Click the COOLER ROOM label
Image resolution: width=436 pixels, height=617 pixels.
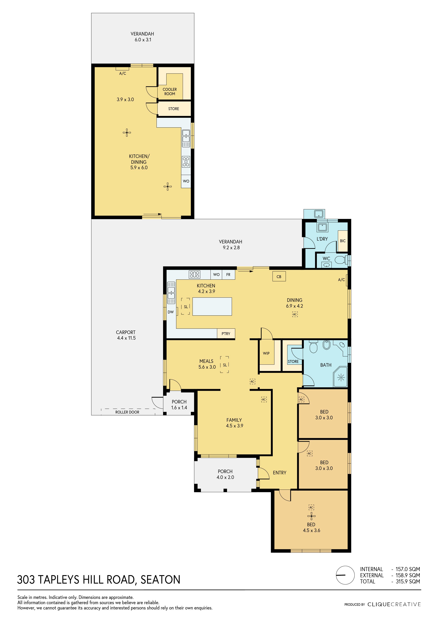coord(170,91)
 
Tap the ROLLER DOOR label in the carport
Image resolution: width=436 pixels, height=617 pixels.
coord(127,412)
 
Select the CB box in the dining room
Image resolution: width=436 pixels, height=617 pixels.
coord(279,276)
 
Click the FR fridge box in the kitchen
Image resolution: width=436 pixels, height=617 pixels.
coord(228,275)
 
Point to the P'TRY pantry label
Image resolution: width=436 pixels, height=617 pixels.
coord(226,333)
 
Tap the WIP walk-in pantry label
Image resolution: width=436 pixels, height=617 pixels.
coord(266,353)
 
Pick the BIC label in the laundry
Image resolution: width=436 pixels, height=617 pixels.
coord(343,241)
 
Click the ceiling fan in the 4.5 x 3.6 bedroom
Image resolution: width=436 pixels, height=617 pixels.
coord(311,516)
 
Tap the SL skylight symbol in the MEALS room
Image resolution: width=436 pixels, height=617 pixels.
coord(225,365)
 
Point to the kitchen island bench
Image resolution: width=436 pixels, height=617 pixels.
coord(212,306)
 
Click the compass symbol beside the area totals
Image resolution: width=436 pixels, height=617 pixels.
coord(345,575)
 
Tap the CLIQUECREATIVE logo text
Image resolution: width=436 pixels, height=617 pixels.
coord(394,604)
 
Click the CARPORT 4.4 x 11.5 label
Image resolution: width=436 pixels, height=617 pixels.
coord(126,335)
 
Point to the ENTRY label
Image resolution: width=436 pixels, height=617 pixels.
coord(279,473)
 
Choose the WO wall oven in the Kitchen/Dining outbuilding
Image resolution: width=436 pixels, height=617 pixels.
coord(186,181)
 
